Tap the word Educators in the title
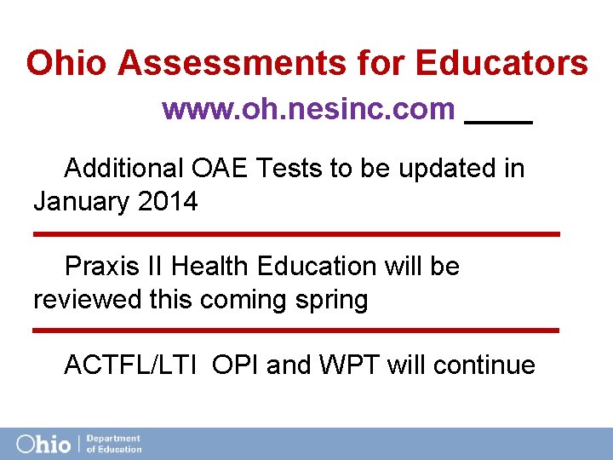501,63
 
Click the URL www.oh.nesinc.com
308,109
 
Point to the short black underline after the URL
499,123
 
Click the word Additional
123,169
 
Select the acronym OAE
221,169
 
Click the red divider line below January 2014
296,233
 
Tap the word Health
210,267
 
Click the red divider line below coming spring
296,330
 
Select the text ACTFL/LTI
132,365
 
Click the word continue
484,365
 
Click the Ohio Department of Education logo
79,444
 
